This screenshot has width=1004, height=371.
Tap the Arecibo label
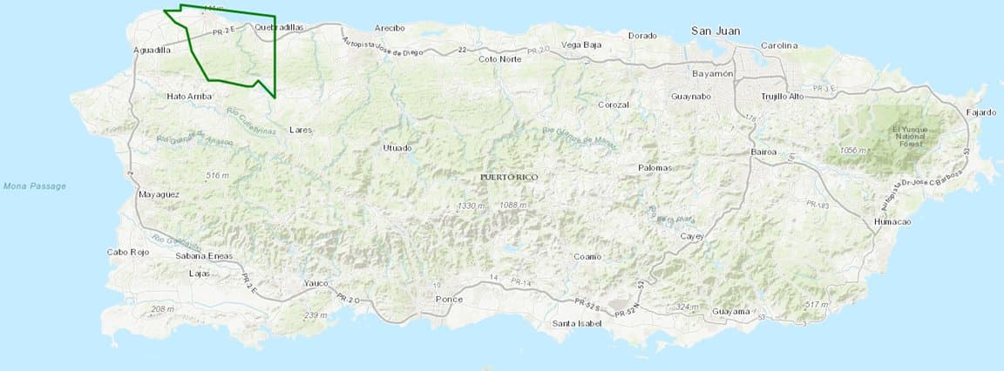389,28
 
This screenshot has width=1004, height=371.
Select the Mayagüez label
159,194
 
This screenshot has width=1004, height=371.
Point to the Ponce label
449,300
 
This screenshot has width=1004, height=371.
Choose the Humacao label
892,223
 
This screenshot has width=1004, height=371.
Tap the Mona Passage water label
35,185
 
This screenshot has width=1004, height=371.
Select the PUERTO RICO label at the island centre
509,177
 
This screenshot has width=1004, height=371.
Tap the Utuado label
397,148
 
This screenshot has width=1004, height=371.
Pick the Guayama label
730,312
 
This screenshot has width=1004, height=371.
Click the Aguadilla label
153,51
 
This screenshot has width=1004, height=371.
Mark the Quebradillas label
279,28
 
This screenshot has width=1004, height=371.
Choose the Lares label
301,129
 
